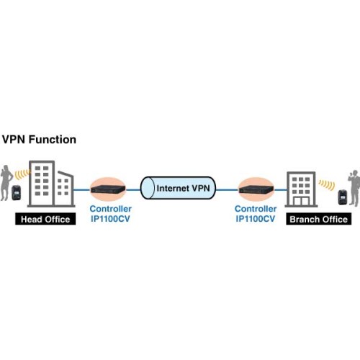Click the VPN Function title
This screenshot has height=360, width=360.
click(39, 140)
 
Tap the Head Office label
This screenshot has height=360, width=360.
click(45, 219)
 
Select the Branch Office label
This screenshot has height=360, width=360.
click(319, 219)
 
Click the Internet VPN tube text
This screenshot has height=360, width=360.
click(183, 188)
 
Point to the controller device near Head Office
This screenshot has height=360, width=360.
click(108, 189)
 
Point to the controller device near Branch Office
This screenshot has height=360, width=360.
click(256, 189)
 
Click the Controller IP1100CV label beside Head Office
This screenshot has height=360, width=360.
click(110, 214)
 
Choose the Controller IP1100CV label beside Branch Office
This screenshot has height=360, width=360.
click(256, 214)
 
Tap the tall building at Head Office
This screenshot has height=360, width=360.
click(42, 184)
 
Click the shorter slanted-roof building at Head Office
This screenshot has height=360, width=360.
click(65, 189)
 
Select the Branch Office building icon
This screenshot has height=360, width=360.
click(301, 189)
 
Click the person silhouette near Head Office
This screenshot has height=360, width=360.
click(6, 182)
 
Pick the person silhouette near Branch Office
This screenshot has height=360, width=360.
click(354, 188)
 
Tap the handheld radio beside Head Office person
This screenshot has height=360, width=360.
click(17, 192)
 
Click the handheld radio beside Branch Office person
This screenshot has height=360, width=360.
click(343, 197)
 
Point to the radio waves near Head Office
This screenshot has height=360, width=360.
click(22, 174)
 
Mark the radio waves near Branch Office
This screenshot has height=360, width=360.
click(327, 185)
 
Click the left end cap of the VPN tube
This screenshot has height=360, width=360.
click(147, 188)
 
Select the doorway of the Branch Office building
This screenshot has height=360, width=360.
click(301, 201)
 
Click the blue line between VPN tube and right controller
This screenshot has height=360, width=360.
click(227, 189)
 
